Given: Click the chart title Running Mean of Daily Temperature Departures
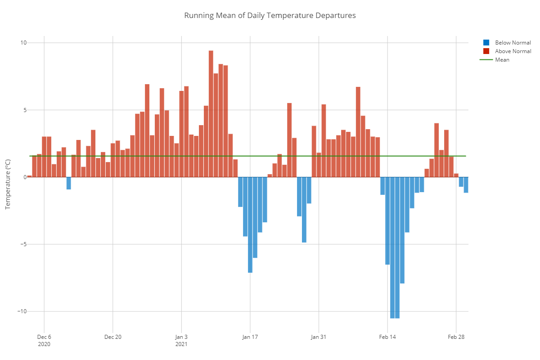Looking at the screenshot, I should [270, 15].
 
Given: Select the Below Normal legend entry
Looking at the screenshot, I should [513, 43].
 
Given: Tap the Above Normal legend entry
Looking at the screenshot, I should [513, 51].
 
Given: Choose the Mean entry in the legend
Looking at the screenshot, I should [502, 60].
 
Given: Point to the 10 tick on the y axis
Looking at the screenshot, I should [23, 43].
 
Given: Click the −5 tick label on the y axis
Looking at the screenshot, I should [22, 244].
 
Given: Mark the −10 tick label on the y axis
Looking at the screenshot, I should [21, 311].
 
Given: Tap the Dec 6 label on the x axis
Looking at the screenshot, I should [44, 337].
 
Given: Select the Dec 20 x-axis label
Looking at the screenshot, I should [112, 337].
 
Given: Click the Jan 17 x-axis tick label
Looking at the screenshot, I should [250, 337].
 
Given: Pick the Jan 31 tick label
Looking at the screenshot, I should [319, 337].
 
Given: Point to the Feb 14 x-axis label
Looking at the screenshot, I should [387, 337].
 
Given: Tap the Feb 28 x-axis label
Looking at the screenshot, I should [456, 337].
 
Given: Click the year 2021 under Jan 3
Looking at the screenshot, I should [181, 344].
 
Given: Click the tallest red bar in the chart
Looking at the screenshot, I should [211, 112].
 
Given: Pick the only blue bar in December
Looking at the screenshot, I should [69, 183].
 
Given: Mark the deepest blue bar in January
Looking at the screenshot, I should [250, 225].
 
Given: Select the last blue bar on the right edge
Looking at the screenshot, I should [466, 185].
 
